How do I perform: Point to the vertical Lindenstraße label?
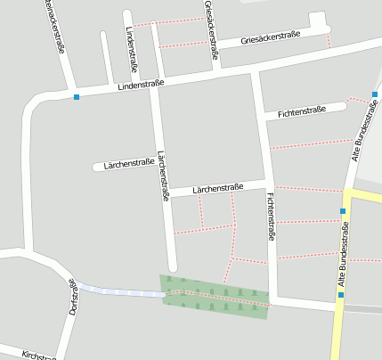point(132,42)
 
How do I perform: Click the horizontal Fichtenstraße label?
point(303,112)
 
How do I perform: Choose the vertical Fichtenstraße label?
point(270,217)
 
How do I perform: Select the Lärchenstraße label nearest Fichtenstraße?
point(218,188)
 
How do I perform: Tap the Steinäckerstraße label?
point(53,27)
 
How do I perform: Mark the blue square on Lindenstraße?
point(77,96)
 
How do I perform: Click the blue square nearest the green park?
point(340,295)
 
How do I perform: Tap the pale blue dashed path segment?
point(120,290)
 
